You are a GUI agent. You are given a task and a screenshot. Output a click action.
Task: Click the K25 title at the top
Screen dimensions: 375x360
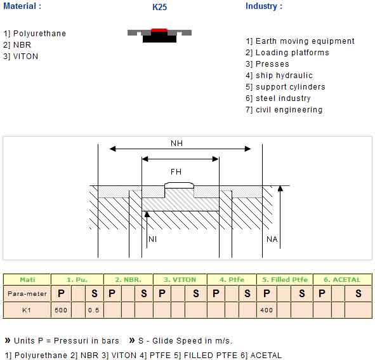[x=159, y=7]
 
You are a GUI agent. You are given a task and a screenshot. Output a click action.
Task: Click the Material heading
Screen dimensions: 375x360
[x=22, y=6]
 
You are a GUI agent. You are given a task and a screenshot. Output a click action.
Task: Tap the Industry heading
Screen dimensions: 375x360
[x=264, y=6]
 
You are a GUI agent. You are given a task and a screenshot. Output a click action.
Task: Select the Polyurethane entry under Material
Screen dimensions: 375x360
[x=35, y=34]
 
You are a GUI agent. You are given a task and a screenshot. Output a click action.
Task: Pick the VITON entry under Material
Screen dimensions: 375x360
[x=21, y=57]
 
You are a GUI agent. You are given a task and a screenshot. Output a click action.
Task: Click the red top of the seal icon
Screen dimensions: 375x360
[x=159, y=30]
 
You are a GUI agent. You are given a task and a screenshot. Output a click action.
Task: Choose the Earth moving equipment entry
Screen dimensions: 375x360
[x=300, y=41]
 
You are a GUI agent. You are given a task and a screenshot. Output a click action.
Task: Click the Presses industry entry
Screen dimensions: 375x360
[x=267, y=64]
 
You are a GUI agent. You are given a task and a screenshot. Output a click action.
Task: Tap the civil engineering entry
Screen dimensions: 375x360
[x=284, y=110]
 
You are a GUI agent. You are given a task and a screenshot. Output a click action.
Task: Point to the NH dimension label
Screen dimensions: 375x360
[x=177, y=143]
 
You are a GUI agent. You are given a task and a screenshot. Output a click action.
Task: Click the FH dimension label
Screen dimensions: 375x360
[x=176, y=171]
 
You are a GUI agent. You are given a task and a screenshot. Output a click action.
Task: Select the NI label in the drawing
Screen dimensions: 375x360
[x=152, y=239]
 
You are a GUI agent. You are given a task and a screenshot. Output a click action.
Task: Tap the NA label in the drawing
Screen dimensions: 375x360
[x=272, y=239]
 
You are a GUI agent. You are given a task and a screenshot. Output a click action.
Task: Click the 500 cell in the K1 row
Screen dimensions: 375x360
[x=61, y=310]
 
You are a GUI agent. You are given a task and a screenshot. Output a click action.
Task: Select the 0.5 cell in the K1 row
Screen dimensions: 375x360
[x=93, y=310]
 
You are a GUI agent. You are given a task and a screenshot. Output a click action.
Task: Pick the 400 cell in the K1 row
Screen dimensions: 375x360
[x=266, y=310]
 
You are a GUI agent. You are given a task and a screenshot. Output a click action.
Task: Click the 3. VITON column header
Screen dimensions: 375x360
[x=180, y=279]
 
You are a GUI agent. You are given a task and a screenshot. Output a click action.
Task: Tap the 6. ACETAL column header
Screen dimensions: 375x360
[x=342, y=279]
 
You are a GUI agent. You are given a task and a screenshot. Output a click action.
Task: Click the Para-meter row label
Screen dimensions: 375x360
[x=27, y=294]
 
